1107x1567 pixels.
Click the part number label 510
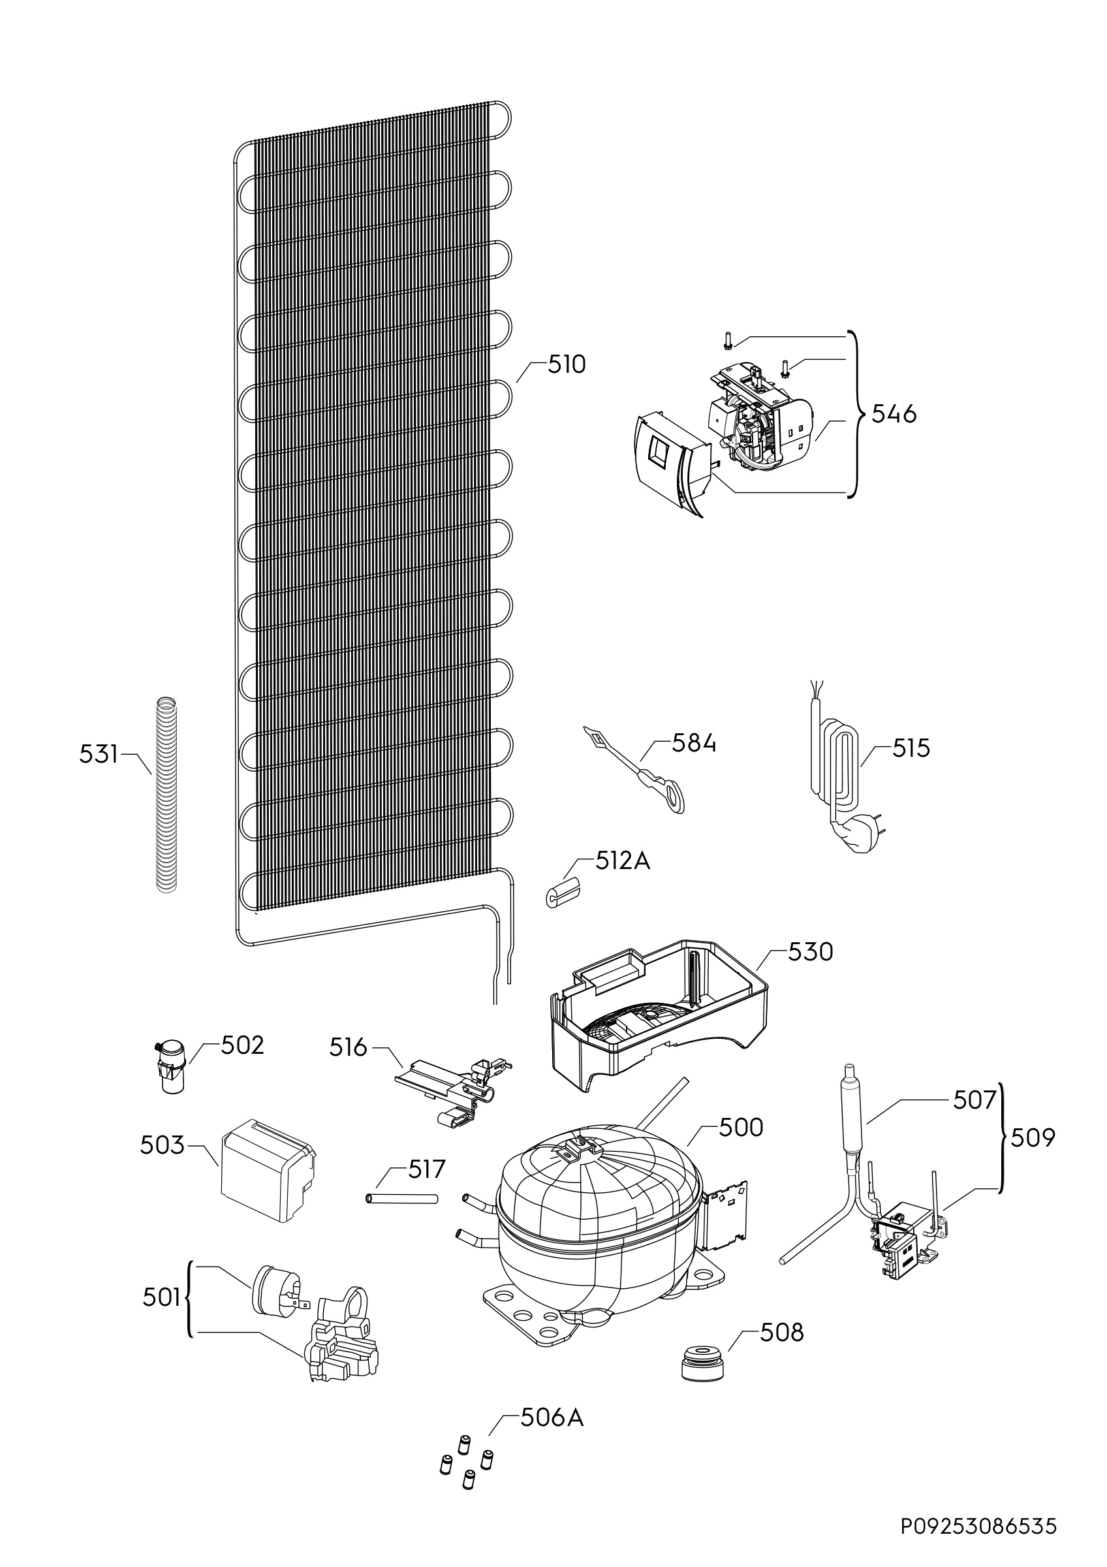coord(567,365)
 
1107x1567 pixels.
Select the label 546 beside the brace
coord(894,414)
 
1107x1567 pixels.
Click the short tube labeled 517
coord(401,1199)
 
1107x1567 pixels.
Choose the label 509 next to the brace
coord(1033,1138)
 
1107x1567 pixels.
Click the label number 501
coord(161,1297)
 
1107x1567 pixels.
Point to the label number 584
coord(694,743)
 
